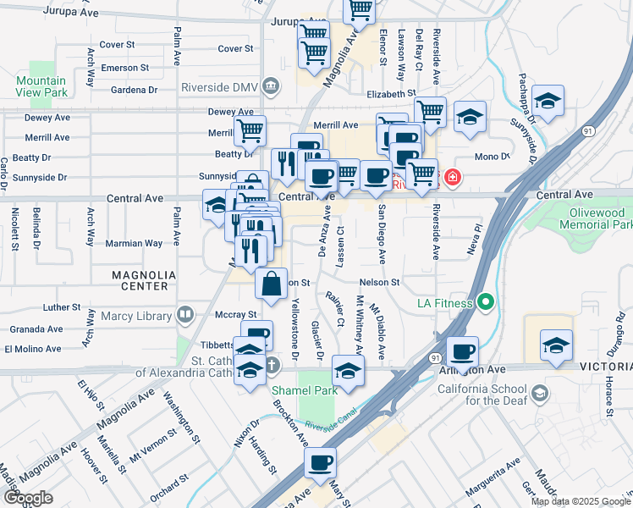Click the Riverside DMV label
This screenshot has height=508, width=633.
pyautogui.click(x=218, y=86)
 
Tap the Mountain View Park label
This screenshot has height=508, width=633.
pyautogui.click(x=41, y=86)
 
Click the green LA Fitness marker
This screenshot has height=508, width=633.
pyautogui.click(x=486, y=301)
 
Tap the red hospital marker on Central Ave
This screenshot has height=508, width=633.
pyautogui.click(x=453, y=178)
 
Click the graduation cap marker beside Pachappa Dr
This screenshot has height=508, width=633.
pyautogui.click(x=548, y=102)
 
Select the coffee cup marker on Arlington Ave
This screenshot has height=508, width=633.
pyautogui.click(x=462, y=351)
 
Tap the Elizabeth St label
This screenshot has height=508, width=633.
pyautogui.click(x=391, y=94)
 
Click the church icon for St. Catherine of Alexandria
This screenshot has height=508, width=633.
pyautogui.click(x=271, y=366)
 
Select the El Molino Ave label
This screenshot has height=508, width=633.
pyautogui.click(x=33, y=348)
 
